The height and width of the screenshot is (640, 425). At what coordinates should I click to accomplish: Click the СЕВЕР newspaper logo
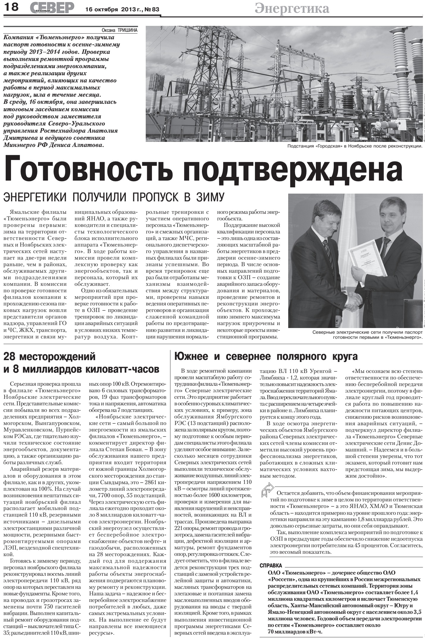tap(53, 8)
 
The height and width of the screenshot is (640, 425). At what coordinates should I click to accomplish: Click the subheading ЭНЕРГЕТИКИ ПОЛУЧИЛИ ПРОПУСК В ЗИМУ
tap(113, 197)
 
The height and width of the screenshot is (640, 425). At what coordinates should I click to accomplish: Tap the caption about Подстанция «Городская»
tap(355, 146)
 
